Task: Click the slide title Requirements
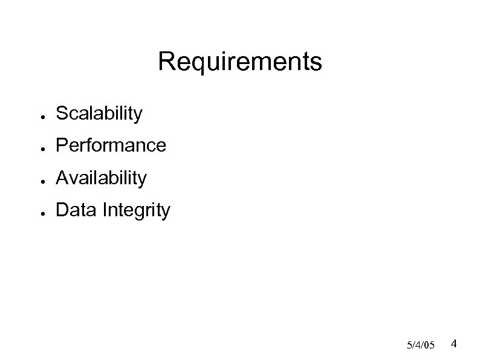[240, 62]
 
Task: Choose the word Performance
[110, 146]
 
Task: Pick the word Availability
[101, 178]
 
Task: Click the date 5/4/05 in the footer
[421, 345]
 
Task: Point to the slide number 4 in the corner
[454, 344]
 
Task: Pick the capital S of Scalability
[61, 113]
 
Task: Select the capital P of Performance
[61, 146]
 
